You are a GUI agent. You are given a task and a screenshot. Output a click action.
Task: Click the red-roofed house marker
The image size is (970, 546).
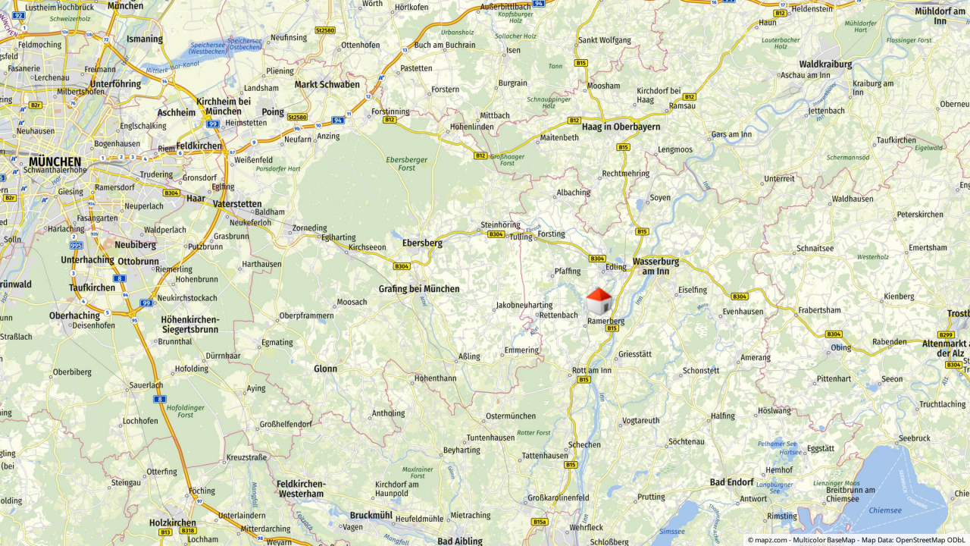coord(599,301)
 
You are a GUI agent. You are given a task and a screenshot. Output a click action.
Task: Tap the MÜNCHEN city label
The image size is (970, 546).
coord(55,162)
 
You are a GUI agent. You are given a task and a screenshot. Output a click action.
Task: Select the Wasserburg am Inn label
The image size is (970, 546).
coord(656,265)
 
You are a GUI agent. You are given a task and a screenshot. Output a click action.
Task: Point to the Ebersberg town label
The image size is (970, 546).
coord(422,243)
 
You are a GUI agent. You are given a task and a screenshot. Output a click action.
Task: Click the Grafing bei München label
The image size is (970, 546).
coord(419,289)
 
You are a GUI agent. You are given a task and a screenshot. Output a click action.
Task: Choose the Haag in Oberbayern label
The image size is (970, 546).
coord(621,127)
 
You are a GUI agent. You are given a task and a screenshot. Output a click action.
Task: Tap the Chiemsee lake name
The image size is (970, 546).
coord(885,510)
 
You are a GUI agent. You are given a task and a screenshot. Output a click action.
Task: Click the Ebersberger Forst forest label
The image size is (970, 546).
coord(407,164)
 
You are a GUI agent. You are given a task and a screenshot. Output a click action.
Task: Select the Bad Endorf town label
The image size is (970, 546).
coord(732,482)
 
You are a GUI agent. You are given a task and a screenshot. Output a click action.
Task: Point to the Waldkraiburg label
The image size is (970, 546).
coord(825,64)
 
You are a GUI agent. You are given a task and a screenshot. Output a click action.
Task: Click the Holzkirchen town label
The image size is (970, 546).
coord(173,522)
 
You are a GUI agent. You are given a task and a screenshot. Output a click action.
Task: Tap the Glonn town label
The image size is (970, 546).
coord(325,369)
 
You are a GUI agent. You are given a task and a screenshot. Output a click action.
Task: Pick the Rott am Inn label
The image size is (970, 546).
coord(591,370)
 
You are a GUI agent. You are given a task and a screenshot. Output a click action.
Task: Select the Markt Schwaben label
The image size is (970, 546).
coord(327,84)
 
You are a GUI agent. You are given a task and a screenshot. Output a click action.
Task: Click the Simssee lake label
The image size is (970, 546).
coord(673,532)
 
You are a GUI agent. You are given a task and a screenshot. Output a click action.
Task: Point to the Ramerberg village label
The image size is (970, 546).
coord(606,321)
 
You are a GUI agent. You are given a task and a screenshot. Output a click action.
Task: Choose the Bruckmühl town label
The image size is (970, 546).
coord(371,515)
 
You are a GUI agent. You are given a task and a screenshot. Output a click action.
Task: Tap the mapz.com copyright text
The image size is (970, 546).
coord(767,540)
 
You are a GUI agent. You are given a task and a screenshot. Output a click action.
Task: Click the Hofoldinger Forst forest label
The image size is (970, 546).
coord(186,411)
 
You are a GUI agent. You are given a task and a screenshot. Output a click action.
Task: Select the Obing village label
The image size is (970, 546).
coord(840,347)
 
